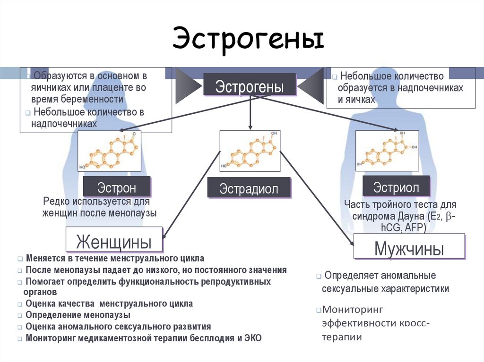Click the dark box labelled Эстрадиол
(x=249, y=188)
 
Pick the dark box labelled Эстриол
(x=396, y=186)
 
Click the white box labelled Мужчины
(x=409, y=248)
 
